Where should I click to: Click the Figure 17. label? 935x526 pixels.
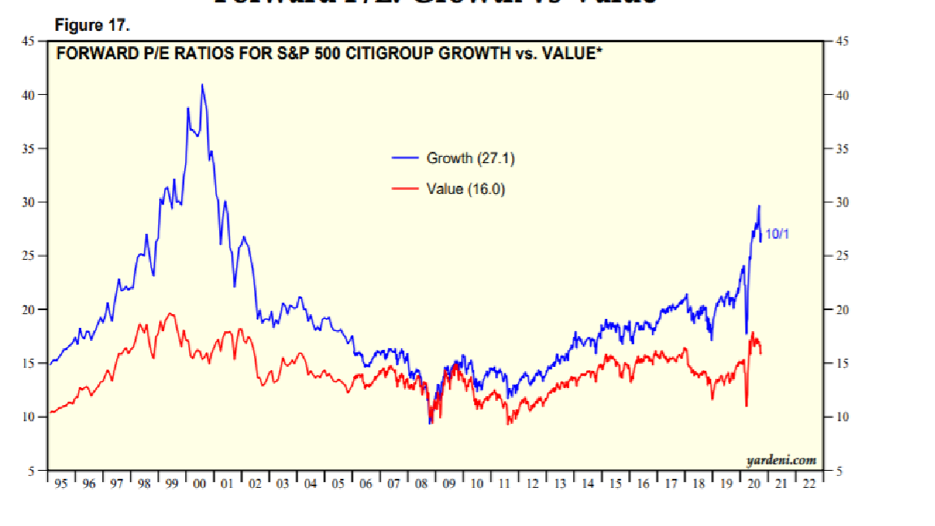92,26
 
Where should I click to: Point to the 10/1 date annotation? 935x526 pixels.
778,234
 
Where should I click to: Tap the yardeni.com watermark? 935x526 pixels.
781,460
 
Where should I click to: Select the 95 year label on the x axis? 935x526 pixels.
61,484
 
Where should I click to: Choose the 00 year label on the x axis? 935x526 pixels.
200,484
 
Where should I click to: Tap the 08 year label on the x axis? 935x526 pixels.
421,484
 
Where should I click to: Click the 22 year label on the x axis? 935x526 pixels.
809,484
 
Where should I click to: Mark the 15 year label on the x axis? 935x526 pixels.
615,484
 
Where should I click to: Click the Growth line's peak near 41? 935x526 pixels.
202,84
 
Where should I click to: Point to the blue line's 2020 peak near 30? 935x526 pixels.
759,206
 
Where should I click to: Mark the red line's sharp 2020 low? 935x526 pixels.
746,406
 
